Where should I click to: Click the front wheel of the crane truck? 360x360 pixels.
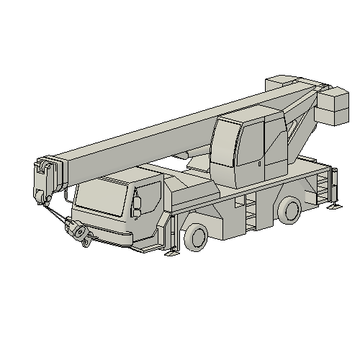pos(196,237)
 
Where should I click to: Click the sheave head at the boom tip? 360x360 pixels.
pos(45,179)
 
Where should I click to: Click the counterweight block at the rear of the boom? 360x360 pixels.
pos(332,106)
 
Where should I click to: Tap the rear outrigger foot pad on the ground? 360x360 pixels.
pos(335,208)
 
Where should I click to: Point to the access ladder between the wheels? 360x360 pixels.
pos(251,214)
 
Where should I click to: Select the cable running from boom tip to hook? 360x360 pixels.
pos(57,213)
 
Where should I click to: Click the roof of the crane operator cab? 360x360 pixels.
pos(245,116)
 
